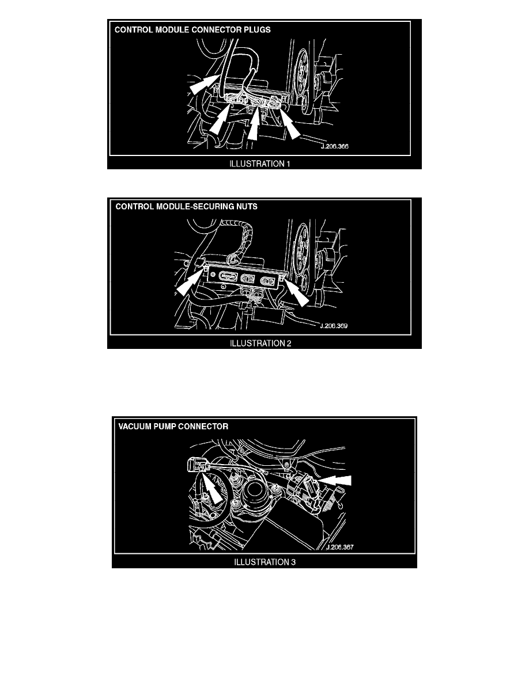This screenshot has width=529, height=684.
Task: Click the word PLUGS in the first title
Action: [x=256, y=30]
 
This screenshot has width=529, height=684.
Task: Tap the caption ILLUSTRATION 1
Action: [x=260, y=164]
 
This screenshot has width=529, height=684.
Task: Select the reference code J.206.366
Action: [x=334, y=147]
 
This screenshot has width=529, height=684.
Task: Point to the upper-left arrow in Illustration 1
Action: [x=203, y=83]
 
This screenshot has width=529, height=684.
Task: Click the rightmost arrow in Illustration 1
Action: [x=289, y=125]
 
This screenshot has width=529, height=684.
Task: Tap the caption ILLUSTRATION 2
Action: [x=260, y=343]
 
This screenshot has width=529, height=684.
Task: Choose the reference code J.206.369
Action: [x=334, y=326]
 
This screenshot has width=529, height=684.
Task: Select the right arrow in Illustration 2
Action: [x=297, y=291]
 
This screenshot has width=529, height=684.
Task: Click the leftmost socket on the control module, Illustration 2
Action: [x=226, y=276]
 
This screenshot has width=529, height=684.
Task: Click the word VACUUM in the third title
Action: [x=134, y=427]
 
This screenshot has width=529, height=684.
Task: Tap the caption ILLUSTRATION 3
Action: [x=265, y=563]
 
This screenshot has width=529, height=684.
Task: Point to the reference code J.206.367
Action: [x=340, y=547]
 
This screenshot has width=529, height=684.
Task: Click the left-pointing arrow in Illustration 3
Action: [x=334, y=480]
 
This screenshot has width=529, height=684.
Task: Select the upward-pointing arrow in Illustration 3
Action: [x=213, y=490]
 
